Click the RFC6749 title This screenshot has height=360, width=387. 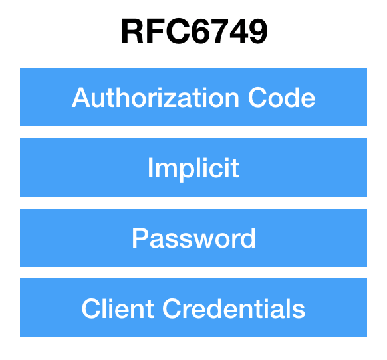(194, 32)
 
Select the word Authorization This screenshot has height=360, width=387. (155, 98)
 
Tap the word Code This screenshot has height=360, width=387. (281, 98)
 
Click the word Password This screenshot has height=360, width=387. (193, 238)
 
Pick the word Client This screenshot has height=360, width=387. (118, 308)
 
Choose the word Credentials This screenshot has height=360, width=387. (234, 308)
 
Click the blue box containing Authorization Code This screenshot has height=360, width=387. (193, 97)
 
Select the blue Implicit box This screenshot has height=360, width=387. (193, 167)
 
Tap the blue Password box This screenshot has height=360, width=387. (193, 238)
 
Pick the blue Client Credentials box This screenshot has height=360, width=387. (193, 308)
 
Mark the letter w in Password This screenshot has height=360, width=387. (203, 240)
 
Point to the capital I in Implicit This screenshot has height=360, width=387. (150, 167)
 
